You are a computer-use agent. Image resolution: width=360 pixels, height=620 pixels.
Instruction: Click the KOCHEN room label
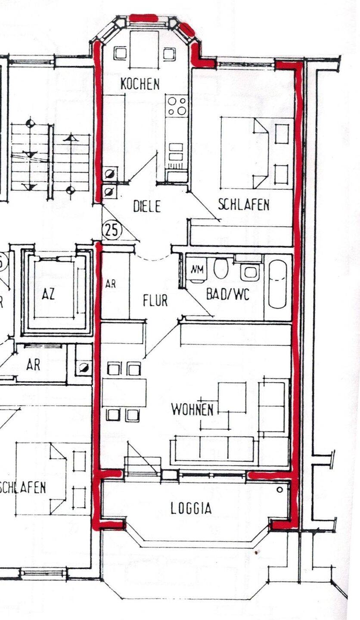140,84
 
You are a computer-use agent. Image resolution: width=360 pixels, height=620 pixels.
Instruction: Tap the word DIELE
147,206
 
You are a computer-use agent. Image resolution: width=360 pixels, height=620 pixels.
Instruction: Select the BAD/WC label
228,294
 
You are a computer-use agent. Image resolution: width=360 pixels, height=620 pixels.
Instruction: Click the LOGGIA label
191,508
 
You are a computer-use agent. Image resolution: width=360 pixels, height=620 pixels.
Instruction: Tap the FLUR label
155,300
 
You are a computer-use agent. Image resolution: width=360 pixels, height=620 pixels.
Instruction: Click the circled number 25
112,230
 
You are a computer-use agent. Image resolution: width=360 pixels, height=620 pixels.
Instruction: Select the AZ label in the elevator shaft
48,295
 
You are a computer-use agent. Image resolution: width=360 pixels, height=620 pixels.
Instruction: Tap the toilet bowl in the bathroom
221,268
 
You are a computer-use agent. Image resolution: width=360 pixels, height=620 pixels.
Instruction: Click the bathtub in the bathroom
278,284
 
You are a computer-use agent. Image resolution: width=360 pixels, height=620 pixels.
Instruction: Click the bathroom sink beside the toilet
250,271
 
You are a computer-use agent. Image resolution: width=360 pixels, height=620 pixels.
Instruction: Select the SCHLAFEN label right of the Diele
243,205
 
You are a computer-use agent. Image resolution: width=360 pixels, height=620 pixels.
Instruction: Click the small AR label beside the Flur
111,284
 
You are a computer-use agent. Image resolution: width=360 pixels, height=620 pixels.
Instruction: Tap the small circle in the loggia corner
280,490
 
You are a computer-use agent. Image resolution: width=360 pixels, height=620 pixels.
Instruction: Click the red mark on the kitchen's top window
143,18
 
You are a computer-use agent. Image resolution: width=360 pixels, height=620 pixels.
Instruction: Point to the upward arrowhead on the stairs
71,137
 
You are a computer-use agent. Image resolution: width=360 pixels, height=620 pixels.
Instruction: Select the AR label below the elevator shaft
33,365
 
